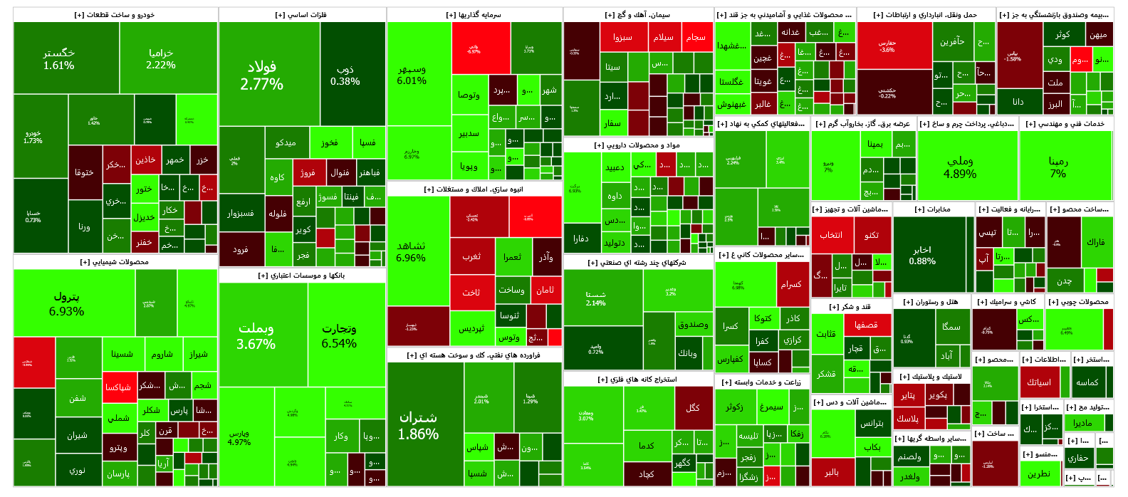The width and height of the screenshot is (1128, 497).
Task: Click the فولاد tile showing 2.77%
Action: tap(262, 75)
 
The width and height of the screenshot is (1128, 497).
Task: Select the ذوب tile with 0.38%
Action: tap(345, 75)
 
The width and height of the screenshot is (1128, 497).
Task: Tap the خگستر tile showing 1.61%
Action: tap(59, 58)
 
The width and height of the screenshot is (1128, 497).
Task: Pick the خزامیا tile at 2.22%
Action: tap(161, 58)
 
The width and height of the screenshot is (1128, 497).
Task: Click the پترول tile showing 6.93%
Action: tap(67, 303)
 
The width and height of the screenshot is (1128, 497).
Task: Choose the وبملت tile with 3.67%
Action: tap(256, 335)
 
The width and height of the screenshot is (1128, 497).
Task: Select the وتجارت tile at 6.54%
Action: tap(339, 335)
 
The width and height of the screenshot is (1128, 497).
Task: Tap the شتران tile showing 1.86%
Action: tap(419, 425)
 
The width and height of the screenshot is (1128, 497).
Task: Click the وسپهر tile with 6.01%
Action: tap(412, 75)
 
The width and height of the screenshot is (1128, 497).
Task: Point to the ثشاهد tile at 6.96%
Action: tap(411, 251)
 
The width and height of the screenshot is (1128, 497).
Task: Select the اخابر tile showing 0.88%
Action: tap(922, 255)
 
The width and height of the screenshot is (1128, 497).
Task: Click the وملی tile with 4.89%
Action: tap(960, 167)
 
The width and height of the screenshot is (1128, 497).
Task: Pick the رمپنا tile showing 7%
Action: tap(1058, 167)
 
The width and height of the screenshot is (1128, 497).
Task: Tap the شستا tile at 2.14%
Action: tap(596, 298)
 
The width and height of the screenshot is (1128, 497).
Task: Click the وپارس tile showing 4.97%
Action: tap(239, 437)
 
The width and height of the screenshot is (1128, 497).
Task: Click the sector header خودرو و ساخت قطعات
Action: tap(115, 15)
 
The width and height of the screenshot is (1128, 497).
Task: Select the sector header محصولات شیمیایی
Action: tap(115, 262)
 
